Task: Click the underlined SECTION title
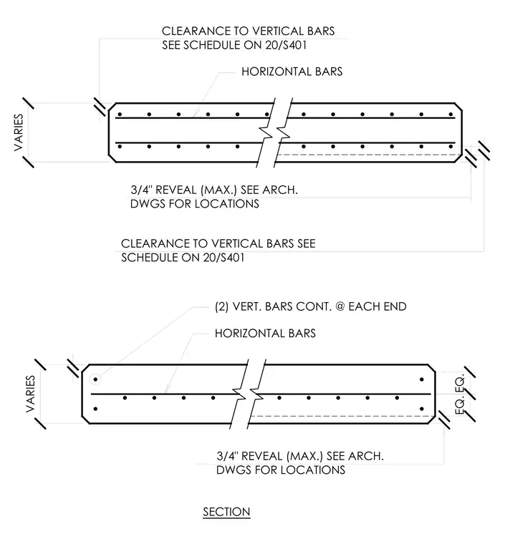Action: tap(226, 512)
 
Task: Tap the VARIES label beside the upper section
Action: tap(19, 132)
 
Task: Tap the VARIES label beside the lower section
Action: tap(31, 394)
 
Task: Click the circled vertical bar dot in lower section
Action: tap(95, 379)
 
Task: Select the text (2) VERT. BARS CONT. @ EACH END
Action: tap(310, 306)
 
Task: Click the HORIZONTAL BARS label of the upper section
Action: tap(292, 72)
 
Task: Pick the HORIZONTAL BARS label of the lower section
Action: tap(265, 334)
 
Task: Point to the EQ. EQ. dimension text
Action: tap(460, 395)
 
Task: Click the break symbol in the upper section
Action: tap(274, 132)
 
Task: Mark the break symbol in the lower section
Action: tap(248, 394)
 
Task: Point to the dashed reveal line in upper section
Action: tap(369, 155)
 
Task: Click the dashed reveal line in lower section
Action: tap(342, 416)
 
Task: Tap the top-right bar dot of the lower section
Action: tap(422, 379)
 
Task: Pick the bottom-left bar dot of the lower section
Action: tap(95, 409)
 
